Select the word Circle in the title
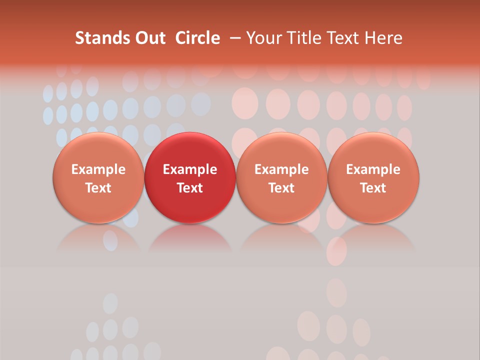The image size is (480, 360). point(197,38)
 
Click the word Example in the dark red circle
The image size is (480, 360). point(190,169)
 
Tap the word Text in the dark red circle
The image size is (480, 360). point(190,188)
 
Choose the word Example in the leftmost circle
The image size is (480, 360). point(98,169)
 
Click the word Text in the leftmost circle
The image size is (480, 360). point(98,188)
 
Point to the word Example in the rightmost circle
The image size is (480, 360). point(373,169)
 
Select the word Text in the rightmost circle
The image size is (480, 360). point(373,188)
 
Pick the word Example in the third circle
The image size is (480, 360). point(281,169)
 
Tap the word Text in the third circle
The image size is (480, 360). point(281,188)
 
